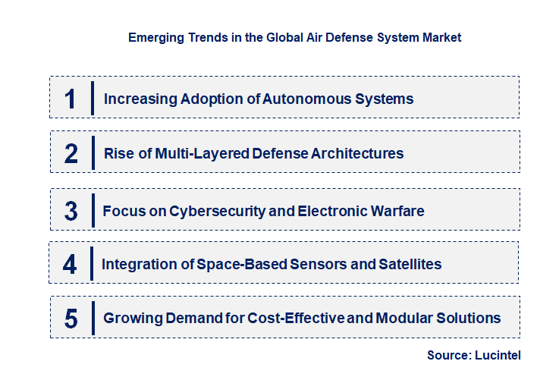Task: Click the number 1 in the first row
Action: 71,98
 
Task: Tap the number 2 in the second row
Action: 71,153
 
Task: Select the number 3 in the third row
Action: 71,210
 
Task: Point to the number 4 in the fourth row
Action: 70,264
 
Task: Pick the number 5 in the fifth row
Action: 71,319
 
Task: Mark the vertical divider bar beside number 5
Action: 92,317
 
